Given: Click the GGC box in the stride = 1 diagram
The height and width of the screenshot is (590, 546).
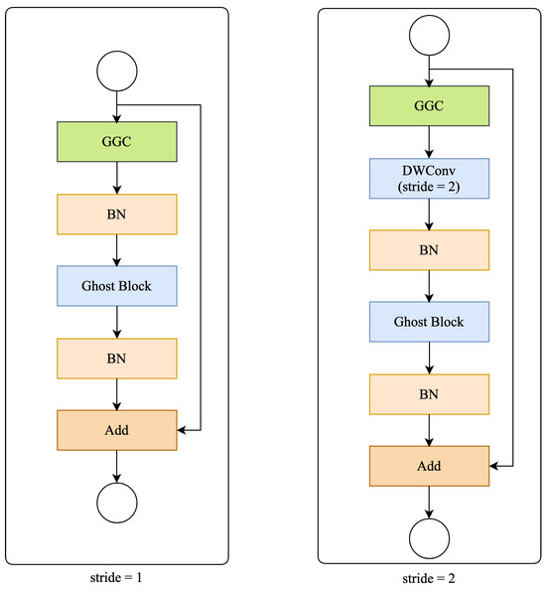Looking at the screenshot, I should (117, 141).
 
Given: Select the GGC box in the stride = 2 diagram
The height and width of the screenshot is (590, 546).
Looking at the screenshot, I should (430, 105).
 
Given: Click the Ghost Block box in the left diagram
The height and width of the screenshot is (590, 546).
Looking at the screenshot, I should (117, 286).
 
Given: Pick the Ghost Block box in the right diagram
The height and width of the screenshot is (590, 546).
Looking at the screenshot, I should (430, 322).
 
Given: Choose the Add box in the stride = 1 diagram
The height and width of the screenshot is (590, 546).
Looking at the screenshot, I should (117, 430).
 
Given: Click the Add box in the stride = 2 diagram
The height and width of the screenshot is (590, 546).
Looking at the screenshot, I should (430, 465).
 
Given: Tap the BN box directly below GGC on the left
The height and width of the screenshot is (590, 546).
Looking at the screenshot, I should (117, 214).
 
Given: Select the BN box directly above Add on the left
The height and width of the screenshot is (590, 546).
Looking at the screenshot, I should (117, 358).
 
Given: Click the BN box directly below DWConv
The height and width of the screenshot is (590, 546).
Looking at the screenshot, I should (430, 249).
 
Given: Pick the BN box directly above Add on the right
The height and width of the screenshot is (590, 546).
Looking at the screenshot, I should (430, 393).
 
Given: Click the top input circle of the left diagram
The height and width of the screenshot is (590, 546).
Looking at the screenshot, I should (117, 72).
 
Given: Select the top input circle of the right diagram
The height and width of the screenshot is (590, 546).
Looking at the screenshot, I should (430, 36).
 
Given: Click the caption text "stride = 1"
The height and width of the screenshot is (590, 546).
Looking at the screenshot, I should (117, 574).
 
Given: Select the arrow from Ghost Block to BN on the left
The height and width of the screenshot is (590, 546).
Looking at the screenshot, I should (117, 321).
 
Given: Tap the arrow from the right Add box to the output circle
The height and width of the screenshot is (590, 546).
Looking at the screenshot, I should (430, 502).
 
